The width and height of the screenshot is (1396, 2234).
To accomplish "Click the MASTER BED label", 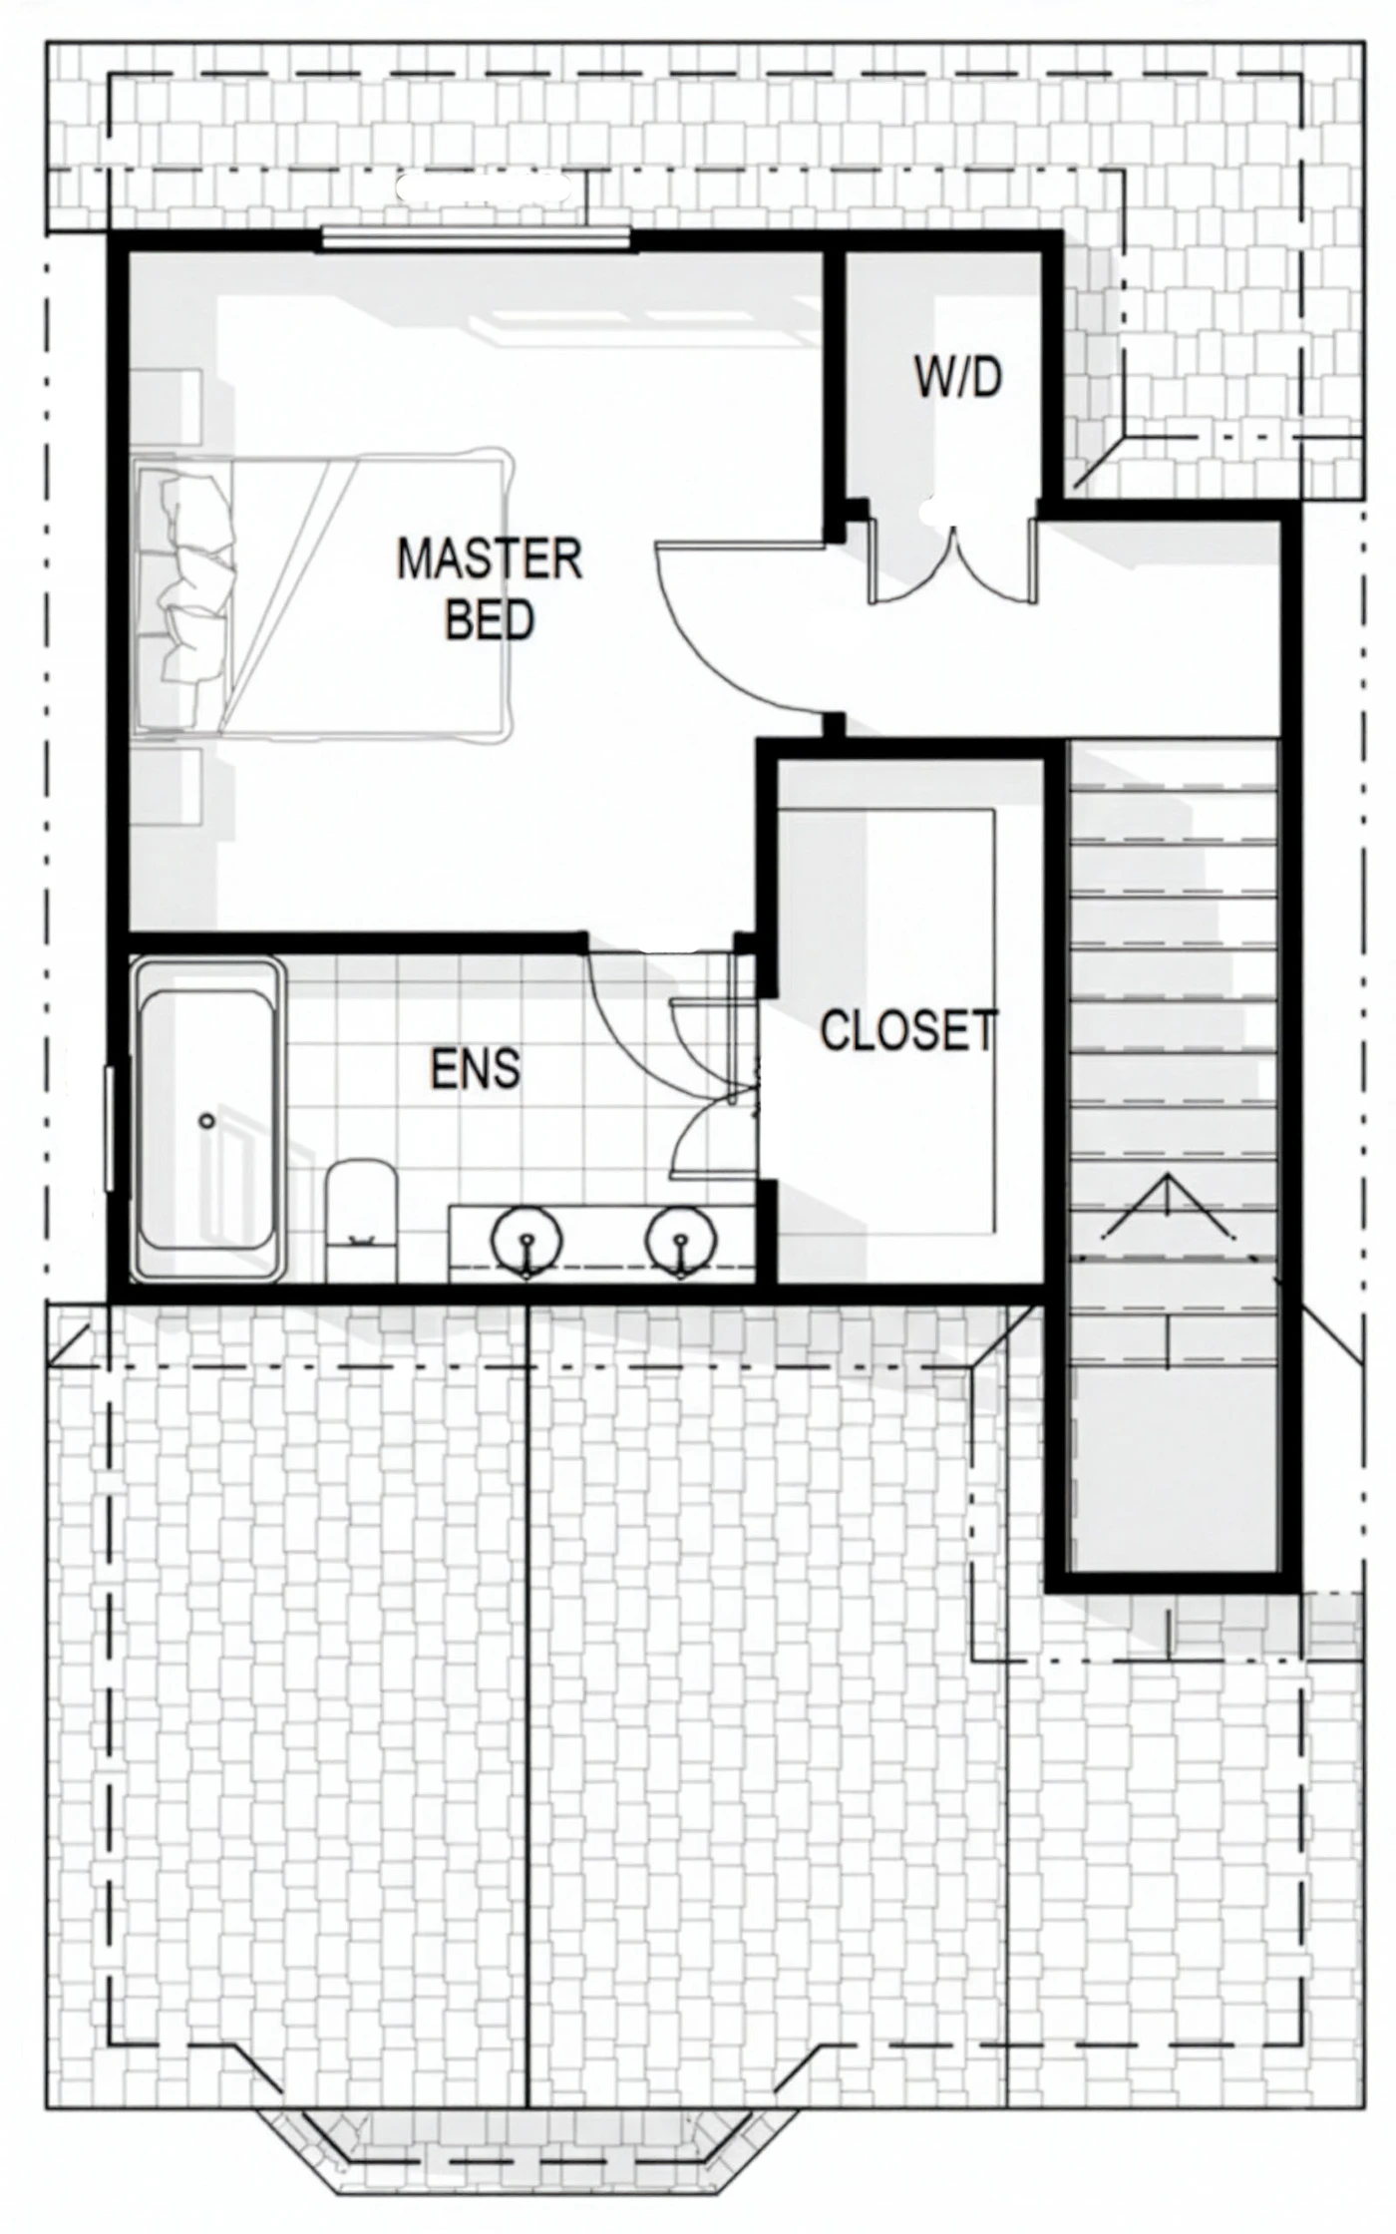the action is tap(490, 588).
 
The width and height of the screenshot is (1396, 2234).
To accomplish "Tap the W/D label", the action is tap(958, 378).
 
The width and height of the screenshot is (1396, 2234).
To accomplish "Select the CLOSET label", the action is tap(908, 1030).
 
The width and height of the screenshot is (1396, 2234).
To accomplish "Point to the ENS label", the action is tap(476, 1069).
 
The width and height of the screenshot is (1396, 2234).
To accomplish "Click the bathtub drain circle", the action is tap(207, 1121).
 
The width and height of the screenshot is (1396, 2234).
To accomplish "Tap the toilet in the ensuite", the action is tap(362, 1219).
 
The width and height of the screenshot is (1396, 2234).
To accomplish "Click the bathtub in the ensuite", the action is tap(207, 1119).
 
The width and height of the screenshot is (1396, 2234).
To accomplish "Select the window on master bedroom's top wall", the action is tap(477, 239).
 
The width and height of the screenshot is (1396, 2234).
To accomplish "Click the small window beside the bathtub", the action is tap(111, 1128).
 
